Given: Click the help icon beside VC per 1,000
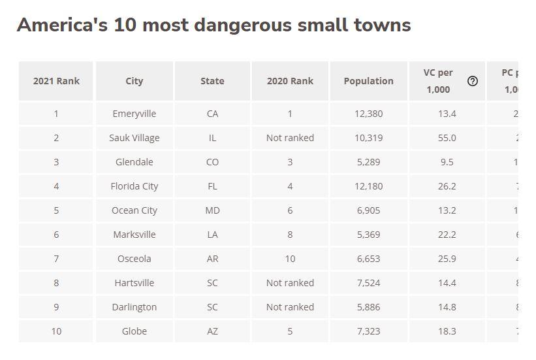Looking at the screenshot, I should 473,81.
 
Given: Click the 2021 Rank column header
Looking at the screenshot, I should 56,81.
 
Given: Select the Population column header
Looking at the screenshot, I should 368,81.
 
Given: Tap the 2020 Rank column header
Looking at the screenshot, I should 290,81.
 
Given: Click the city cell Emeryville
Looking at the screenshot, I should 134,114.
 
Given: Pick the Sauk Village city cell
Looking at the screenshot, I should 134,138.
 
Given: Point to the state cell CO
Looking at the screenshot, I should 212,162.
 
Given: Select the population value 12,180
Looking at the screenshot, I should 368,186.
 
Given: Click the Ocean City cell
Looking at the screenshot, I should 134,210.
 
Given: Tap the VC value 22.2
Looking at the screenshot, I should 447,235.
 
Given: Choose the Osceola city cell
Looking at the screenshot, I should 134,259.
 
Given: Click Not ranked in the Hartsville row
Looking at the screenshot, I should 290,283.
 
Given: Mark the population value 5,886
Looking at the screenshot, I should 368,307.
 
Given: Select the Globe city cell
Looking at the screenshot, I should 134,331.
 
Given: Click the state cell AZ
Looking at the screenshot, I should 212,331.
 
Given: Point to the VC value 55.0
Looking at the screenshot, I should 447,138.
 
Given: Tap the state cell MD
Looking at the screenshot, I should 212,210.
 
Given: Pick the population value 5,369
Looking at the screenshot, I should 368,235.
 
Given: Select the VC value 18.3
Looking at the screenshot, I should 447,331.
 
